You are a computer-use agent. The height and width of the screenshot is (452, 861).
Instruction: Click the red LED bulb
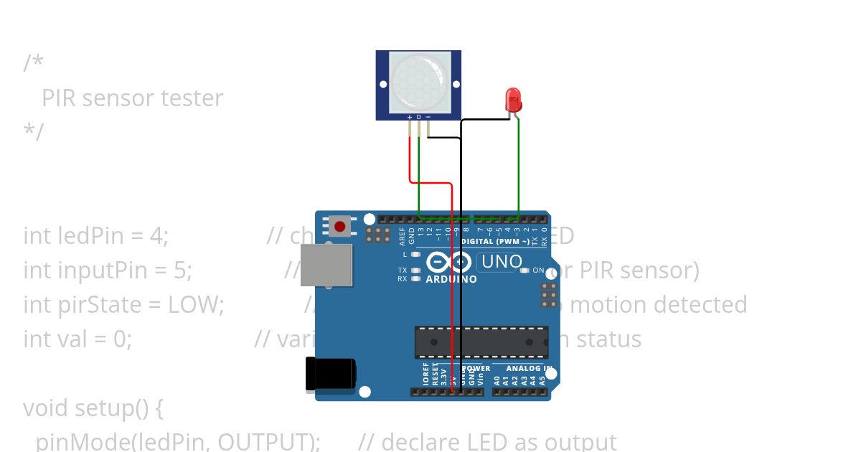(513, 99)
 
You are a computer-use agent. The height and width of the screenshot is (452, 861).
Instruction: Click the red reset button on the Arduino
(339, 227)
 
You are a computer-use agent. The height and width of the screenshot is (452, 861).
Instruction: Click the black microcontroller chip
(481, 342)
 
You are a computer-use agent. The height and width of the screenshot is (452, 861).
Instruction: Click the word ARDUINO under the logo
(451, 279)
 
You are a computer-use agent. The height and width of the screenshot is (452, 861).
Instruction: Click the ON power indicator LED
(525, 270)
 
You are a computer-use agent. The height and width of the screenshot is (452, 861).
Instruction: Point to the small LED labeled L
(415, 254)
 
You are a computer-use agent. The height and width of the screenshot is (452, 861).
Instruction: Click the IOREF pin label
(425, 375)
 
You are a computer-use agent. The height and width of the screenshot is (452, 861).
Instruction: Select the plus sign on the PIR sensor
(410, 116)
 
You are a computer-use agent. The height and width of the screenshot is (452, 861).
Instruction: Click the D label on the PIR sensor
(419, 116)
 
